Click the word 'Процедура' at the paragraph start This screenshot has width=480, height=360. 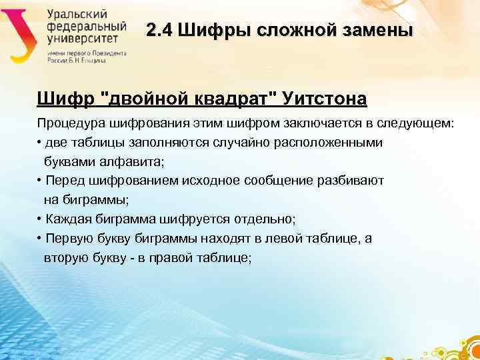(67, 123)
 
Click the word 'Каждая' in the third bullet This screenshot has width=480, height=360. (65, 219)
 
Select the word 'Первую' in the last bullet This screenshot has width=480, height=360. (65, 239)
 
